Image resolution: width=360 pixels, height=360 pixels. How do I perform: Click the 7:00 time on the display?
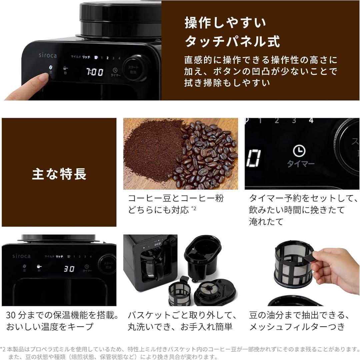pos(95,72)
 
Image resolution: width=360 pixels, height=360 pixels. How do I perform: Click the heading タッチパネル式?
pos(232,41)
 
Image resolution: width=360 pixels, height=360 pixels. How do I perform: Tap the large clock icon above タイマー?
pos(299,151)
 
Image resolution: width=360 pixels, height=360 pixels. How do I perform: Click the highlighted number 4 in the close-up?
pos(311,121)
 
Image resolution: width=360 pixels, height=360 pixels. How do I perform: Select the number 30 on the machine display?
pos(69,269)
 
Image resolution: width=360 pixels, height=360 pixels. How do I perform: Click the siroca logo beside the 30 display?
pos(21,256)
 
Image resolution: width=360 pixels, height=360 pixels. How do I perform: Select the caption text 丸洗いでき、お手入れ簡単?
pos(180,327)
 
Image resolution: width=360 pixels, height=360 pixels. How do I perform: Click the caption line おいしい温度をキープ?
pos(50,327)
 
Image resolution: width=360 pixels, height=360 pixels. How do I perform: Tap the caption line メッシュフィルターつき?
pos(297,327)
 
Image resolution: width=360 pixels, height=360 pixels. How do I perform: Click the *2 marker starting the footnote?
pos(3,349)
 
